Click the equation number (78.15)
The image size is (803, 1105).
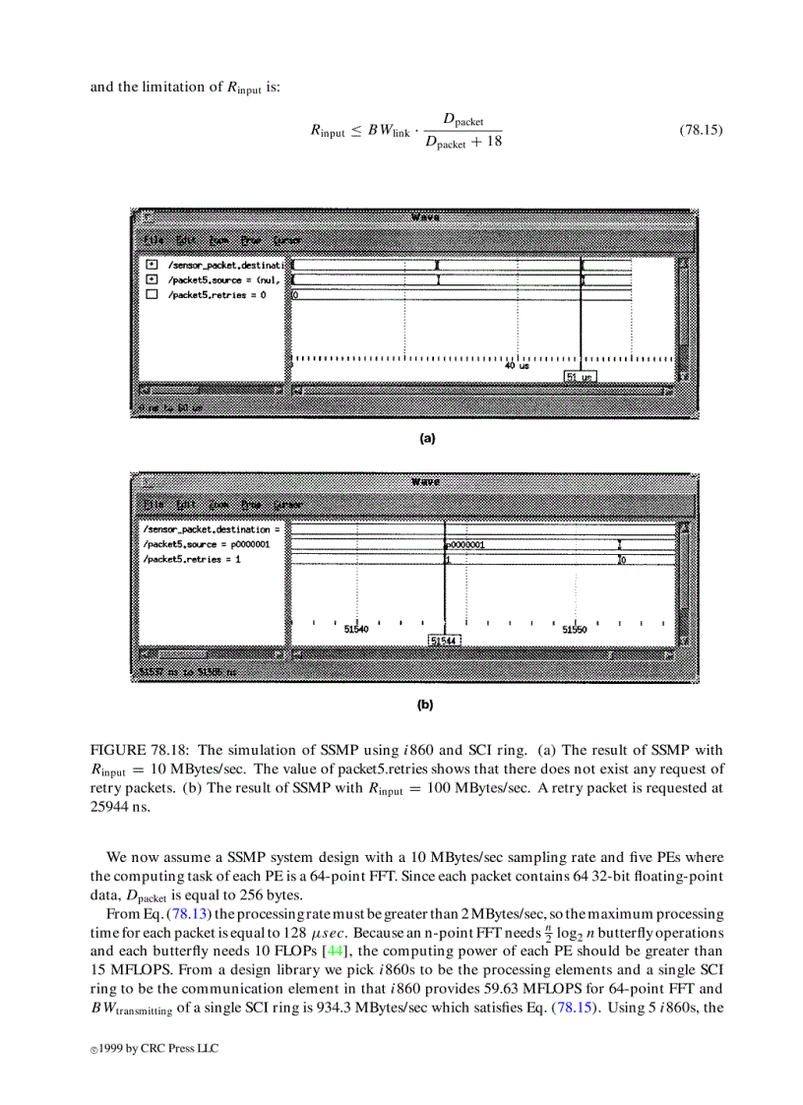click(701, 130)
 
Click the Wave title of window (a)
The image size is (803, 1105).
click(425, 217)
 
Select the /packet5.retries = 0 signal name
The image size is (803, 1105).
click(216, 294)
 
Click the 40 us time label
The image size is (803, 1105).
click(517, 365)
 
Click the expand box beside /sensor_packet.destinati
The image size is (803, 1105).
click(152, 265)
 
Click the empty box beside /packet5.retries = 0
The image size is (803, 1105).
click(152, 294)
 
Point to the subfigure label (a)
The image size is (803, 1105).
click(427, 439)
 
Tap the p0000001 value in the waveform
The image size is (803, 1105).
click(465, 544)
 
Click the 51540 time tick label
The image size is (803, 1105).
click(355, 629)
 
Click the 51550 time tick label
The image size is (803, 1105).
click(575, 629)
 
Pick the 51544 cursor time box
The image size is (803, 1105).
click(445, 641)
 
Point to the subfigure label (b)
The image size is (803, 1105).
click(425, 705)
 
